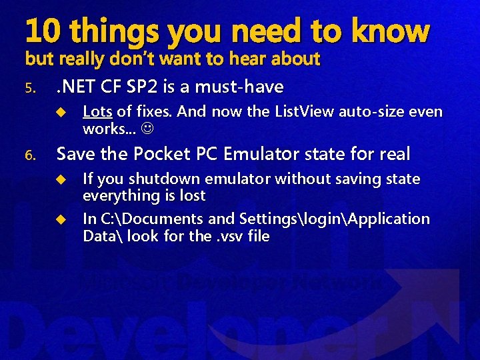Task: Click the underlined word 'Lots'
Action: pyautogui.click(x=97, y=112)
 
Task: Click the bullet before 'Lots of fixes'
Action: pyautogui.click(x=60, y=112)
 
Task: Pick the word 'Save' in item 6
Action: pyautogui.click(x=76, y=154)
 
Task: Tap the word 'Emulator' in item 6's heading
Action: pyautogui.click(x=266, y=154)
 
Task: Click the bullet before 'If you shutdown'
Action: pyautogui.click(x=60, y=179)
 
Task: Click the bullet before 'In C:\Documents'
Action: pyautogui.click(x=60, y=219)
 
